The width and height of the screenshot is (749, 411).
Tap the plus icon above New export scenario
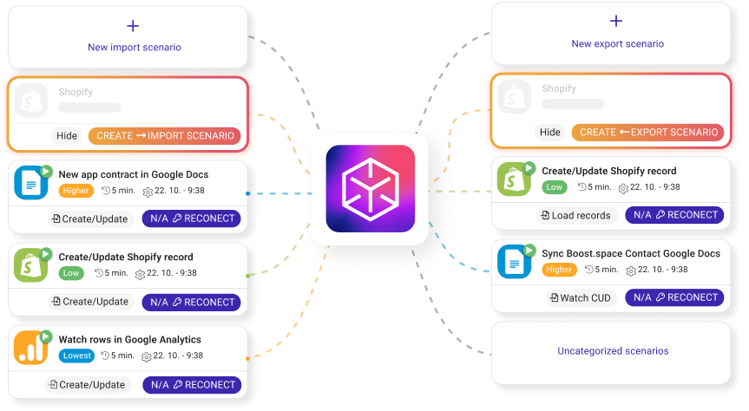click(x=616, y=22)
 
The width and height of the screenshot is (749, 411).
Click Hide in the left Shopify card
click(x=67, y=136)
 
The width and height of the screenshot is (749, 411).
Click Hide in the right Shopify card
click(x=549, y=133)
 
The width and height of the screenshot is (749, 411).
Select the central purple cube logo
click(x=371, y=188)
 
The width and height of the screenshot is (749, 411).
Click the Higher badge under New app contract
click(x=76, y=190)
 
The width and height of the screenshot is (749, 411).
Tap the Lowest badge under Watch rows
click(x=77, y=356)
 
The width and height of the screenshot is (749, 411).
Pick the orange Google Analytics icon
click(x=31, y=348)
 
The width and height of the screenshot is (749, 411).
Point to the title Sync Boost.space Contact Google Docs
click(x=631, y=253)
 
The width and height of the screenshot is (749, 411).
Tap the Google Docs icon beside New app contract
click(x=31, y=182)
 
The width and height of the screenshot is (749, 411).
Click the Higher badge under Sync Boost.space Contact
click(x=559, y=270)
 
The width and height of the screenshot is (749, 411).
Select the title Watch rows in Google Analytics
click(x=130, y=340)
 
